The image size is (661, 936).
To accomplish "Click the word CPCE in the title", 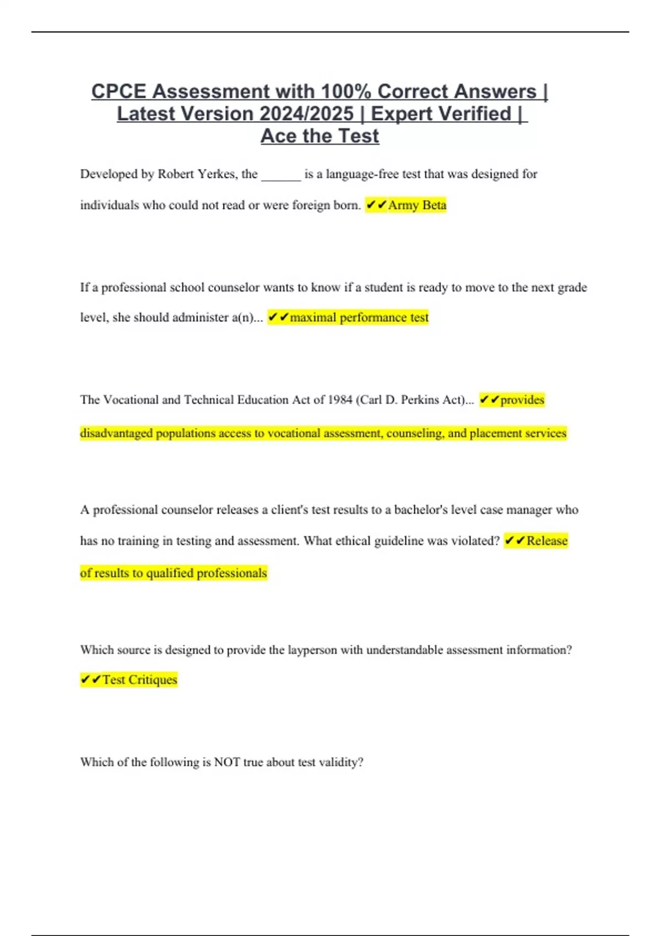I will point(119,91).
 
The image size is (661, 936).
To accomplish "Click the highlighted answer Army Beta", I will point(417,205).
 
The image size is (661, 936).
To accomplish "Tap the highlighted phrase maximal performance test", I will point(359,318).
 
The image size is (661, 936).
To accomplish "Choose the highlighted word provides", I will point(522,400).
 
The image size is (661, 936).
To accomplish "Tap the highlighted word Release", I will point(546,541).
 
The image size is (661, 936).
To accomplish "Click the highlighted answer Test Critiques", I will point(139,680).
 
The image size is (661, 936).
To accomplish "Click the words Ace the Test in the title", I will point(319,136).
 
